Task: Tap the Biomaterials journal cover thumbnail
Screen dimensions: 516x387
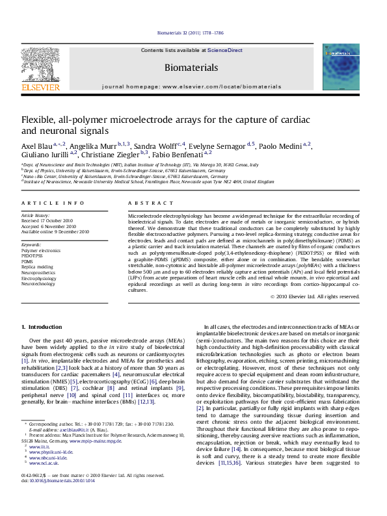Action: [x=340, y=71]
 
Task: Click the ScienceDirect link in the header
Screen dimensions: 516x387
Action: [x=224, y=50]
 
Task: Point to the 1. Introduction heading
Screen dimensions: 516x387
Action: [x=42, y=326]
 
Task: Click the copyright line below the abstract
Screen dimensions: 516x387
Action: [x=314, y=296]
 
